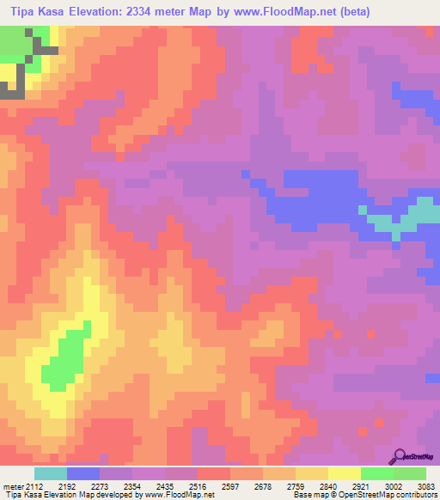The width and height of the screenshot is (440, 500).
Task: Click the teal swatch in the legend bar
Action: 50,474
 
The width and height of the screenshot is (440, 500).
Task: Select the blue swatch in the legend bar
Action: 83,474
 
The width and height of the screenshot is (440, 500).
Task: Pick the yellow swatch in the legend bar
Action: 344,474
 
